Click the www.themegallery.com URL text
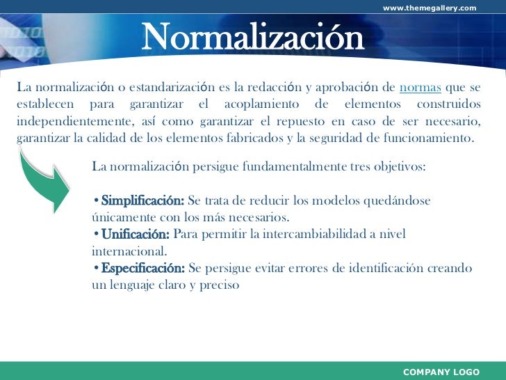point(430,8)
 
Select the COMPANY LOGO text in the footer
point(441,372)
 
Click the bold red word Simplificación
point(142,201)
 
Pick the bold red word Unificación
point(135,235)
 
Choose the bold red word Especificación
point(142,268)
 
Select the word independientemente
point(61,121)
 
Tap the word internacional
point(129,251)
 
